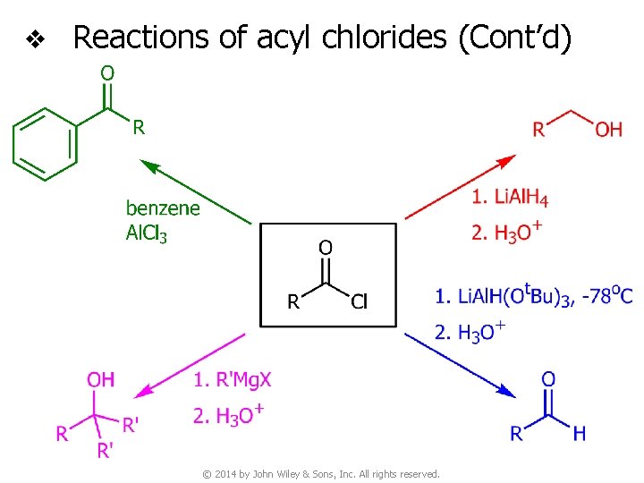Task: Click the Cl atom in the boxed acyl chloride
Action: coord(360,301)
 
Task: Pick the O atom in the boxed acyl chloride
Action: coord(326,246)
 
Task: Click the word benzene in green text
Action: coord(163,208)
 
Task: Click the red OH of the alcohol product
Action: coord(608,130)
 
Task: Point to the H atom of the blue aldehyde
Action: coord(580,434)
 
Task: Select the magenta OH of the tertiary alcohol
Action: coord(101,379)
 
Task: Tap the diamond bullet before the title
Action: coord(34,38)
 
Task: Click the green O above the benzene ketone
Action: coord(106,72)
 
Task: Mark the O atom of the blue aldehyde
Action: coord(548,379)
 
